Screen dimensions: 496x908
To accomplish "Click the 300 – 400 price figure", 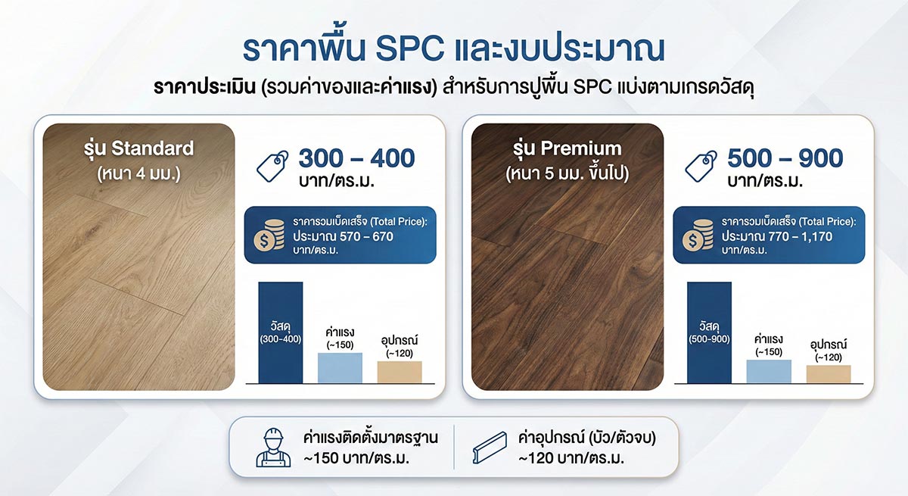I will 356,158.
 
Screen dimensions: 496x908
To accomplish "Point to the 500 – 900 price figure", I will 785,158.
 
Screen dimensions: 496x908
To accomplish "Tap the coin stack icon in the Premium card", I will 698,235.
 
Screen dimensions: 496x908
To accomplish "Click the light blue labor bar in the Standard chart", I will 340,367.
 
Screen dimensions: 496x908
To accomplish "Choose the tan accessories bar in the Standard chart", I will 400,372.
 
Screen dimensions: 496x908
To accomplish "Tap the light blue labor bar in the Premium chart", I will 769,371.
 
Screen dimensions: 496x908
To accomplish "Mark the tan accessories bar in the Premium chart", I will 829,373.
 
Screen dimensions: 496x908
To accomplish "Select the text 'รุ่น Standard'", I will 139,148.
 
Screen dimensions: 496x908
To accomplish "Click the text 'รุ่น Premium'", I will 567,148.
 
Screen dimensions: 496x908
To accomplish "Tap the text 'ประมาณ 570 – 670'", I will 343,236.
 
